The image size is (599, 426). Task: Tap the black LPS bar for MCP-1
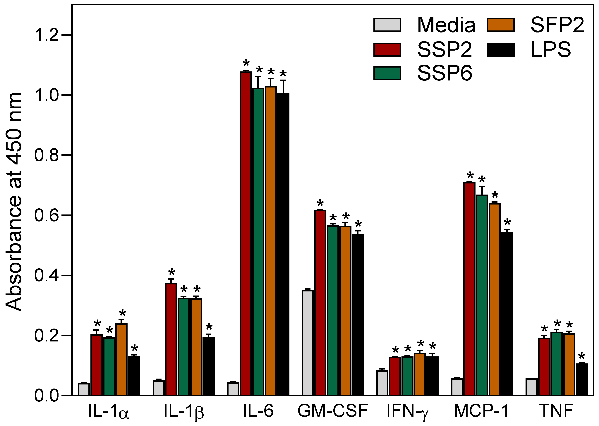(x=507, y=313)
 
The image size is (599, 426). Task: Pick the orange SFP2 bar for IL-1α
(x=121, y=360)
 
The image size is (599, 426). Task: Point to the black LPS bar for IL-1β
(x=208, y=366)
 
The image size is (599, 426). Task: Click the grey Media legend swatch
(x=387, y=25)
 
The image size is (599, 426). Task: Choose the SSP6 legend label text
(x=444, y=73)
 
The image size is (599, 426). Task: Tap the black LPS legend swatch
(x=500, y=49)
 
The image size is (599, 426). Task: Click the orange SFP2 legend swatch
(x=500, y=25)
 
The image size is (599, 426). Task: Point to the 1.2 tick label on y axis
(x=46, y=35)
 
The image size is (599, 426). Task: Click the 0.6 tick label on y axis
(x=46, y=215)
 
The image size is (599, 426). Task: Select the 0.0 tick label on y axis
(x=46, y=396)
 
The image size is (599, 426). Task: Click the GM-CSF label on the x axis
(x=333, y=411)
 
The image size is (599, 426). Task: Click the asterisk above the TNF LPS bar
(x=582, y=357)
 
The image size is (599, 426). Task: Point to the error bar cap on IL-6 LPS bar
(x=283, y=80)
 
